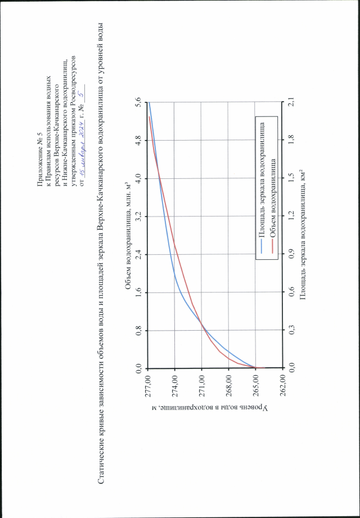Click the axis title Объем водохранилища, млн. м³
(128, 236)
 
